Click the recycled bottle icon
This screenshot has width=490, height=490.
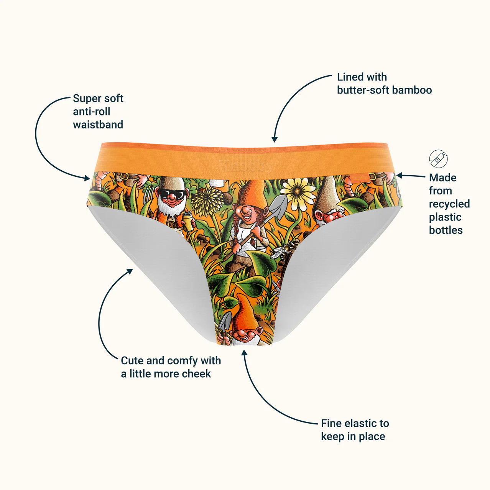pyautogui.click(x=438, y=159)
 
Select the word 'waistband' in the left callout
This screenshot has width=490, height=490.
pyautogui.click(x=98, y=125)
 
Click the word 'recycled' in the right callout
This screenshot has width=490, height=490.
pyautogui.click(x=449, y=204)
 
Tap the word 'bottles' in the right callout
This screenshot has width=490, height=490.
pyautogui.click(x=446, y=230)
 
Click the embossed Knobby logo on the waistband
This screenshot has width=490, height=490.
pyautogui.click(x=246, y=166)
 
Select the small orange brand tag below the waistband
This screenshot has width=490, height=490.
pyautogui.click(x=359, y=178)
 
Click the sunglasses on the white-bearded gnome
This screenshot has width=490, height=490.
pyautogui.click(x=173, y=194)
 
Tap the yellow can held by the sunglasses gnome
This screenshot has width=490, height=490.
pyautogui.click(x=188, y=222)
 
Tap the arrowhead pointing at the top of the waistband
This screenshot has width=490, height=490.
pyautogui.click(x=274, y=139)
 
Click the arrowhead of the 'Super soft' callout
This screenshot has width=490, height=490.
pyautogui.click(x=87, y=178)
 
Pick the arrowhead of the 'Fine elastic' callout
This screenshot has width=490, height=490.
pyautogui.click(x=244, y=353)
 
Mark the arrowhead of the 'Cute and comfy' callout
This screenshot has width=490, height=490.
pyautogui.click(x=130, y=271)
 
